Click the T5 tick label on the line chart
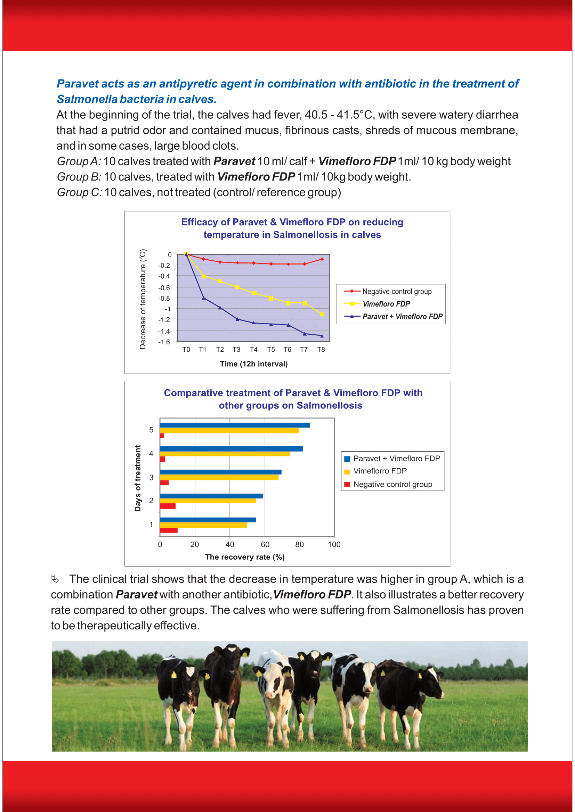271,350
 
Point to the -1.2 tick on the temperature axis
164,320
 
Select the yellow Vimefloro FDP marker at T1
204,276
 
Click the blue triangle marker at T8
322,336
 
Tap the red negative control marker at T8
322,259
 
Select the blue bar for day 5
235,425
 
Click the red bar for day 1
169,530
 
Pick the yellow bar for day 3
219,477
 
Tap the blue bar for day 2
211,496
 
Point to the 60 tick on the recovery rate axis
265,545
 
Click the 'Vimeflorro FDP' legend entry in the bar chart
380,471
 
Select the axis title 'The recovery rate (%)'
245,557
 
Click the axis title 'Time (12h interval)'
253,364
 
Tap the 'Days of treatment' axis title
138,478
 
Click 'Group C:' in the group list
79,192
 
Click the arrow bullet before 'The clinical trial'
55,579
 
